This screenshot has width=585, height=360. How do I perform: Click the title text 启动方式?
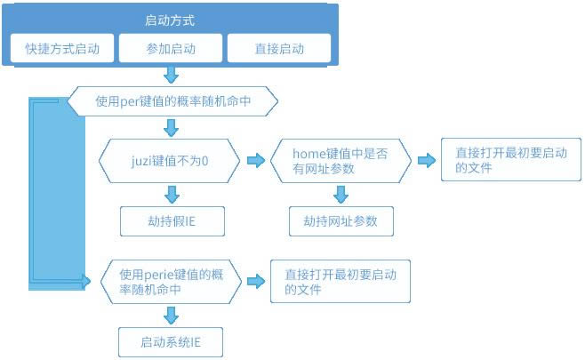[x=169, y=20]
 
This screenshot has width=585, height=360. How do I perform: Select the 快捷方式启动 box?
[x=62, y=48]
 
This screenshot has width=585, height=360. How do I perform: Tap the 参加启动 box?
[x=171, y=48]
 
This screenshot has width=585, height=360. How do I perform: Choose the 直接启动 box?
[x=279, y=48]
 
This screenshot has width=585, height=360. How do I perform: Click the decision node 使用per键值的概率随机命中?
[x=172, y=101]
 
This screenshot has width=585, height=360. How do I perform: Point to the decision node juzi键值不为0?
[x=169, y=161]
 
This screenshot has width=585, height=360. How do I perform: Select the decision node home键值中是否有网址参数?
[x=340, y=161]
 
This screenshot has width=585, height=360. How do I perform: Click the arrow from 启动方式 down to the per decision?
[x=172, y=75]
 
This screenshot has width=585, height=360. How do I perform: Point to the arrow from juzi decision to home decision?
[x=255, y=161]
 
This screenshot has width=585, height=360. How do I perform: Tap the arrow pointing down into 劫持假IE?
[x=172, y=194]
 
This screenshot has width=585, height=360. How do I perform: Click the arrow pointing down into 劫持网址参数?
[x=341, y=194]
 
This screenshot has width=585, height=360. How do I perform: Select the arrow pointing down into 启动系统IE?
[x=172, y=315]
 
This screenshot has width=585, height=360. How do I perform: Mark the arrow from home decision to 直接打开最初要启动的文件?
[x=426, y=161]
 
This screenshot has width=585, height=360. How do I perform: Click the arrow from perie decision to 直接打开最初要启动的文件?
[x=255, y=282]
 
